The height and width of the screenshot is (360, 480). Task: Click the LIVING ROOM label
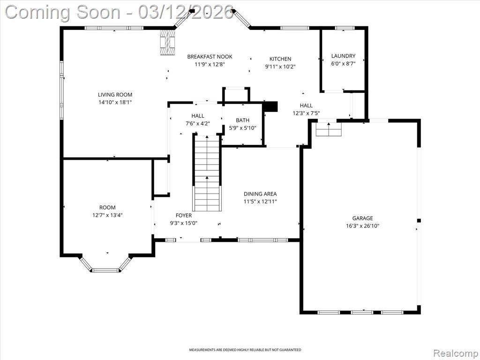point(115,95)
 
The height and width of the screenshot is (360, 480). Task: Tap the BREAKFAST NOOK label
point(210,57)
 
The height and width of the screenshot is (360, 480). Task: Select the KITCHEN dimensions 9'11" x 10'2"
point(280,67)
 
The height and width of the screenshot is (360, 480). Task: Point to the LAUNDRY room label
point(343,56)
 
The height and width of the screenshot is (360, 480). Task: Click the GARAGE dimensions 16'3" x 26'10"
point(362,226)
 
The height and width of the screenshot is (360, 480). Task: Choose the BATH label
point(242,120)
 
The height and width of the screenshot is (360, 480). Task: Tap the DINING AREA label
point(260,194)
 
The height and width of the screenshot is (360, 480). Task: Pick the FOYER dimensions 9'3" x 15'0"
point(184,223)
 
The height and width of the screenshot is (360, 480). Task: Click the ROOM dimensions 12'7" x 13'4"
point(107,215)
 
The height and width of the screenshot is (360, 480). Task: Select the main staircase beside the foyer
point(207,173)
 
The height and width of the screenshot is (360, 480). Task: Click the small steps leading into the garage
point(329,129)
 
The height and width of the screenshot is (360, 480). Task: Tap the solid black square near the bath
point(270,106)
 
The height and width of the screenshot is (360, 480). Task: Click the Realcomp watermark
point(456,353)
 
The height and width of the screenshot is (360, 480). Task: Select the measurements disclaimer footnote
point(245,350)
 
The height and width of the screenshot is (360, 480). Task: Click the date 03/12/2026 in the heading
point(186,12)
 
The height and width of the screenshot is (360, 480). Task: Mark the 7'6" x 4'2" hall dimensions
point(198,123)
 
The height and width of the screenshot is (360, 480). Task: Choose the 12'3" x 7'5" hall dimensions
point(306,113)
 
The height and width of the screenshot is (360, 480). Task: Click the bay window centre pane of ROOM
point(105,270)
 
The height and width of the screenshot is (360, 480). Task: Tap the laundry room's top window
point(345,28)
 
